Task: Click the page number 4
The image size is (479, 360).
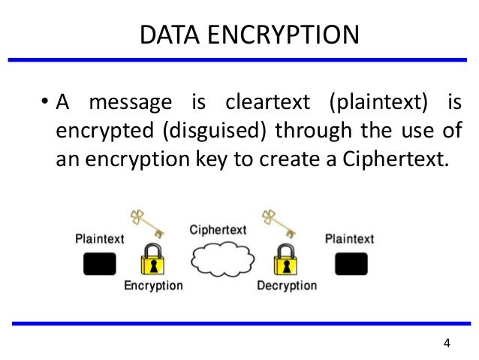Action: pyautogui.click(x=447, y=344)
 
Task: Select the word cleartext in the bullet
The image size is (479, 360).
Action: pyautogui.click(x=261, y=102)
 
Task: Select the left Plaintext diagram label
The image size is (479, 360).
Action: pyautogui.click(x=101, y=240)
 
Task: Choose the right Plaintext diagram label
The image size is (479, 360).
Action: pyautogui.click(x=350, y=240)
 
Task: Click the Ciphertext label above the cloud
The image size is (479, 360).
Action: pyautogui.click(x=218, y=228)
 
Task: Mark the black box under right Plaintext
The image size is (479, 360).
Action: pyautogui.click(x=351, y=264)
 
